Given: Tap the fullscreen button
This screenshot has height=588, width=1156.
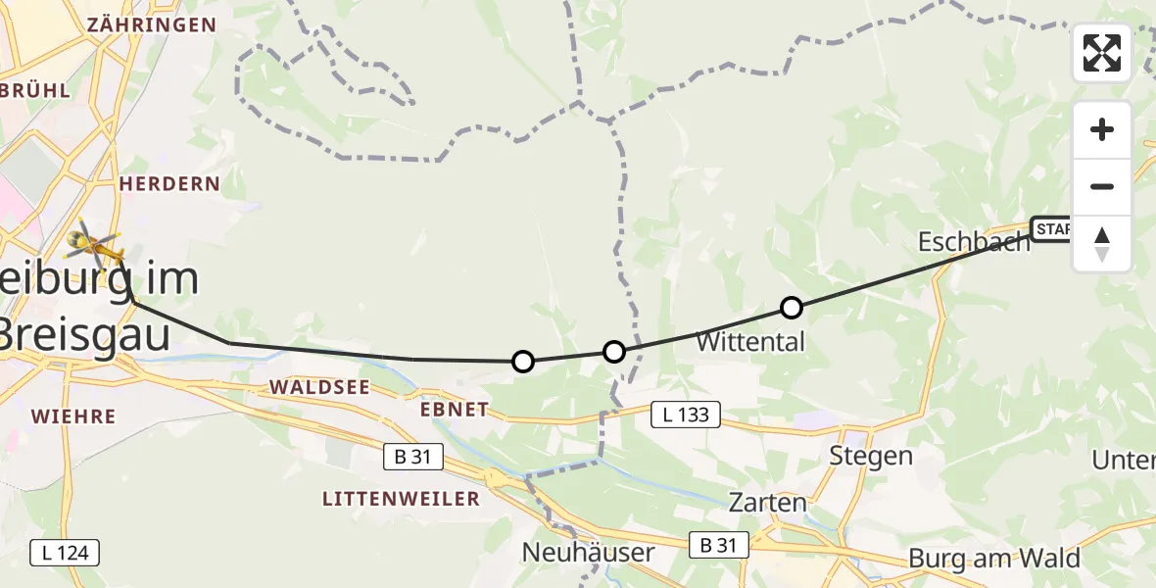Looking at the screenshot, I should pos(1102,53).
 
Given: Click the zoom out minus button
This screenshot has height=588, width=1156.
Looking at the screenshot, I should pos(1102,186).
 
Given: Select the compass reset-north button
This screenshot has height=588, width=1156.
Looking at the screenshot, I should pos(1102,244).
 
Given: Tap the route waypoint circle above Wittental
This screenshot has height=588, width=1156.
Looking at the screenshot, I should pos(792,308).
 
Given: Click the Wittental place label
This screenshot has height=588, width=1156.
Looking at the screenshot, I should pos(750,342).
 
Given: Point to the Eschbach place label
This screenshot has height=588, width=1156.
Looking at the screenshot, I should pos(974,242).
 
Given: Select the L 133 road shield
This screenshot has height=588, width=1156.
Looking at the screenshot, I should pos(687,416).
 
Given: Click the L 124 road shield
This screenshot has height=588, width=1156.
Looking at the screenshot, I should pos(66,553).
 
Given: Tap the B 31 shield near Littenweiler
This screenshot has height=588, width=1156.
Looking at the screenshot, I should pos(412,456).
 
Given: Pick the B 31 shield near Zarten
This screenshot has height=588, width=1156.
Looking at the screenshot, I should pos(718,545).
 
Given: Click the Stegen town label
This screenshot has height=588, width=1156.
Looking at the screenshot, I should pos(871,456).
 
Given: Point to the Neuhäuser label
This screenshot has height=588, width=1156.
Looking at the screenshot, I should pos(588,553).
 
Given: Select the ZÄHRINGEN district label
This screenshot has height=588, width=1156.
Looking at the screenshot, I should pos(152,24).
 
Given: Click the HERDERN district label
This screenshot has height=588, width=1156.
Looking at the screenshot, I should pos(169,184).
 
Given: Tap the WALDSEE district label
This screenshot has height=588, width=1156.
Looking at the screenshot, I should pos(319,387).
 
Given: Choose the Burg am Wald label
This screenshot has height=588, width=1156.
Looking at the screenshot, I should pos(994,559).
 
